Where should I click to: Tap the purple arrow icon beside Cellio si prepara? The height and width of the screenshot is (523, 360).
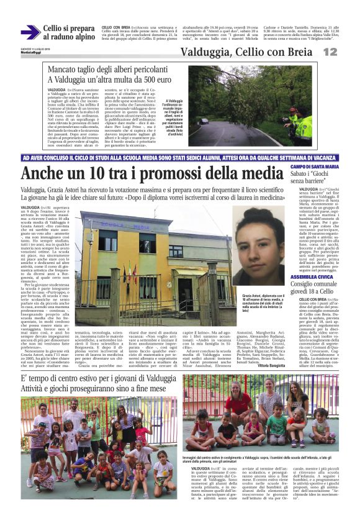[30, 32]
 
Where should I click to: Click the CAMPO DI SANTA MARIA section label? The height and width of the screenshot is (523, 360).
[314, 167]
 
